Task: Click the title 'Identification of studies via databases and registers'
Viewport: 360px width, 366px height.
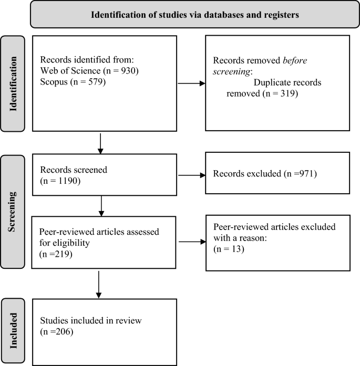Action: (195, 14)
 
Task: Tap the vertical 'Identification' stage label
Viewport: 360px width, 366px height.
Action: (16, 83)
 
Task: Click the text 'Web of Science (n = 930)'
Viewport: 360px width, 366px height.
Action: (89, 71)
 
